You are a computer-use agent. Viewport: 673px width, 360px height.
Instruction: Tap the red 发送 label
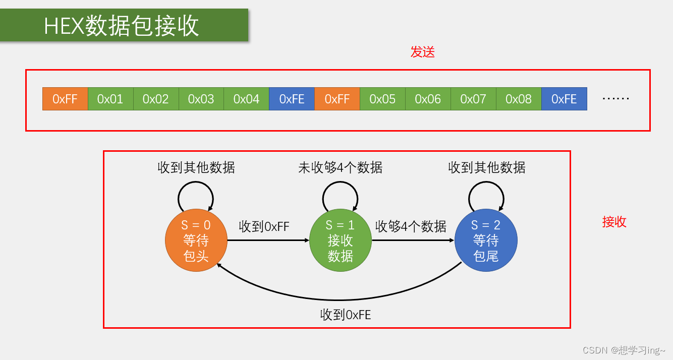point(422,52)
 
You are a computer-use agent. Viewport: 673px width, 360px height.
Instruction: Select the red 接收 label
point(614,222)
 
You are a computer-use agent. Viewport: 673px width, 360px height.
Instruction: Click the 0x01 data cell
point(110,99)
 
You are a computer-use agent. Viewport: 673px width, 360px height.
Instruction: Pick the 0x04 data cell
point(246,99)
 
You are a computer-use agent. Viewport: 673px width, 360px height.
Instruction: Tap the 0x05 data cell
point(382,99)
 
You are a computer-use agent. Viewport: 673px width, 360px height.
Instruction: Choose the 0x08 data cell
point(519,99)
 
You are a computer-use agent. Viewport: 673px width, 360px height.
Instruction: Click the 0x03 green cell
point(201,99)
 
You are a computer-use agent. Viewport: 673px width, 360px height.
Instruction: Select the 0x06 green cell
point(428,99)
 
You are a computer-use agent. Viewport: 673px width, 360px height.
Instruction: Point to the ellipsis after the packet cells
point(615,99)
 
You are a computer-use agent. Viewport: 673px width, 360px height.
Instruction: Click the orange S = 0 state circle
point(196,241)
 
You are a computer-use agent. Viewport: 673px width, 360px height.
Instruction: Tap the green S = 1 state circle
point(340,241)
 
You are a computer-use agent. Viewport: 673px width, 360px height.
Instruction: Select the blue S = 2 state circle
point(486,241)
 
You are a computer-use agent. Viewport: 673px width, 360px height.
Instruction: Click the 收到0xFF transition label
point(264,227)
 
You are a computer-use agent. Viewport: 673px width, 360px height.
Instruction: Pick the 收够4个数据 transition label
point(411,227)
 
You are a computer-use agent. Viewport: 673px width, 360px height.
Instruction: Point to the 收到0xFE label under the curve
point(346,315)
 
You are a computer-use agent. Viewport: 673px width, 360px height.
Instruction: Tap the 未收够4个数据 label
point(340,168)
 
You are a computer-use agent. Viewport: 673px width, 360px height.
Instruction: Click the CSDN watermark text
point(624,350)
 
